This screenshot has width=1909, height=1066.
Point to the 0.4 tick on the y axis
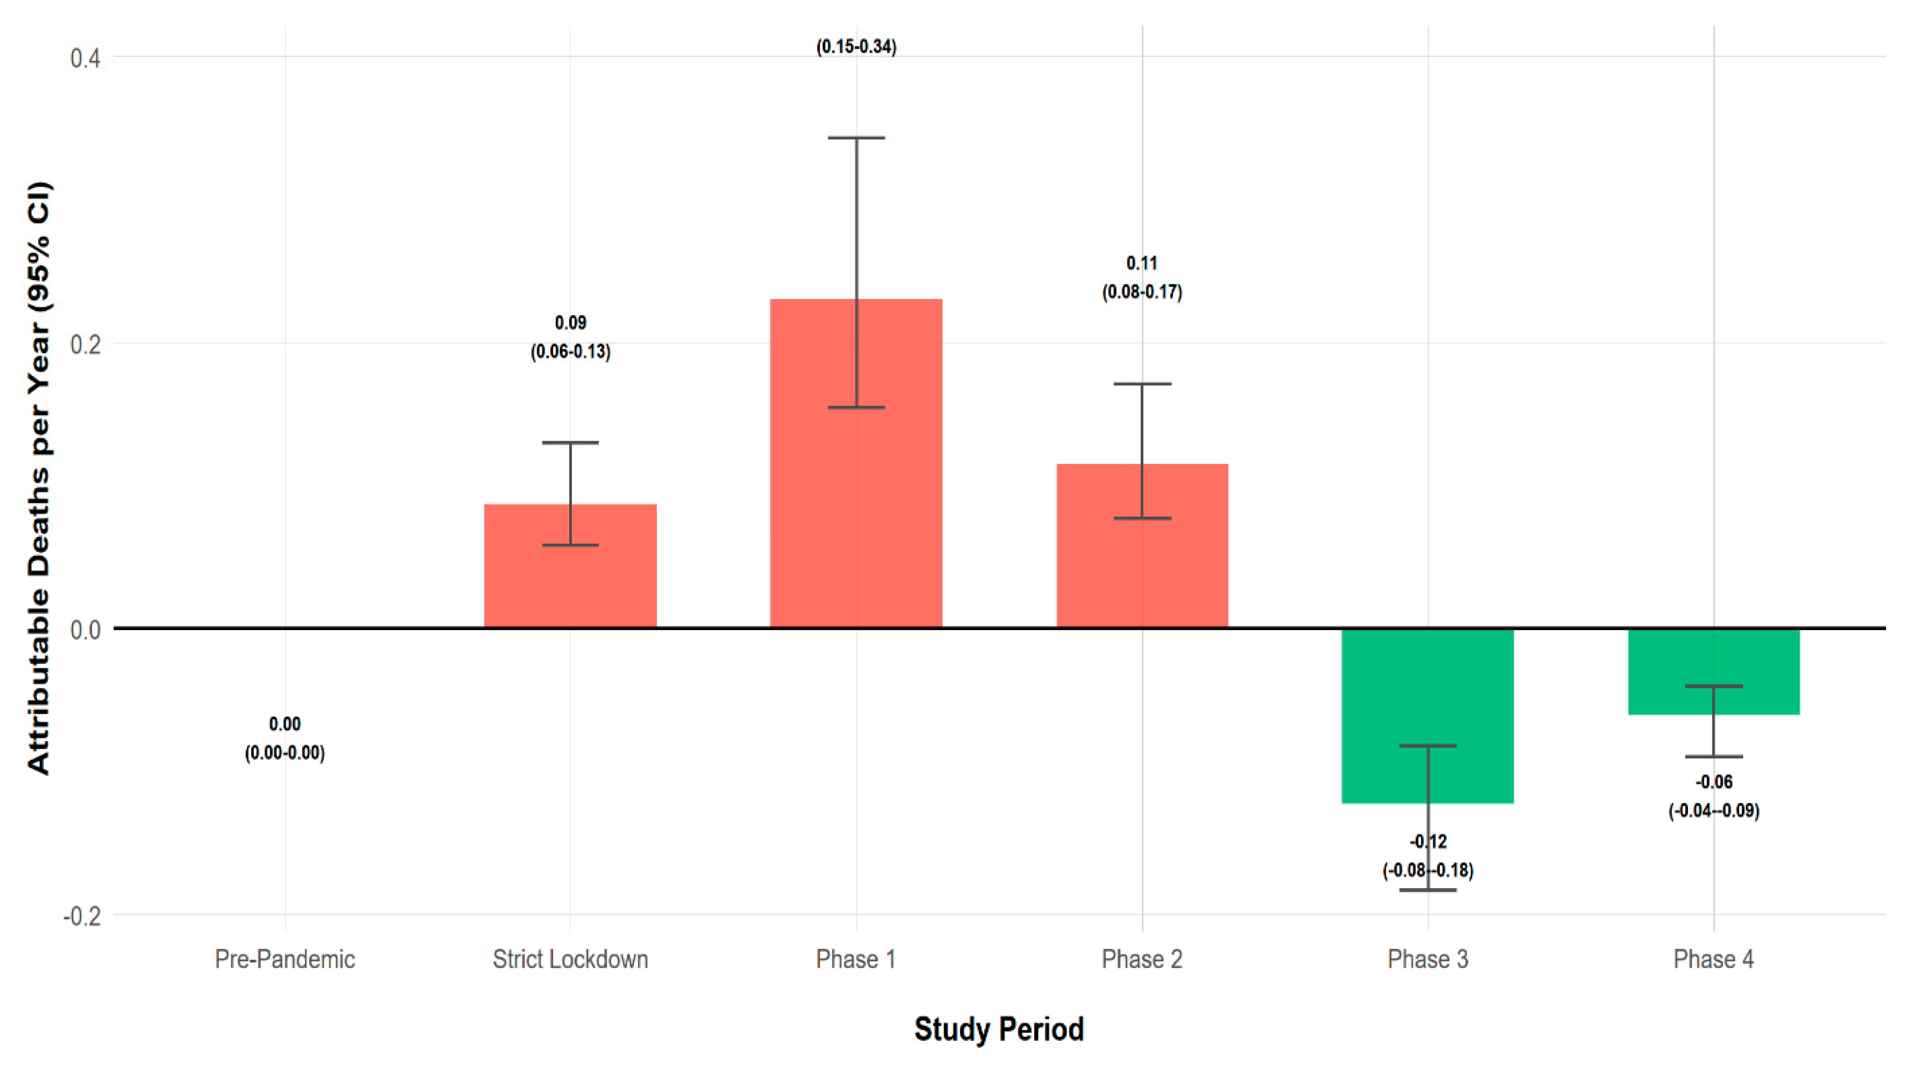[x=84, y=58]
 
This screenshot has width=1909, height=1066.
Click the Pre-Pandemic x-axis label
[x=285, y=959]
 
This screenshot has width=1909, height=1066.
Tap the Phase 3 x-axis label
[x=1427, y=959]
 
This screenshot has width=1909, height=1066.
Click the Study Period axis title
[x=998, y=1029]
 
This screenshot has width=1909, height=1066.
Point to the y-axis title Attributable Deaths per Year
[x=39, y=478]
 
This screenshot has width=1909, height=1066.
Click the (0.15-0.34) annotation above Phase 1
[x=856, y=47]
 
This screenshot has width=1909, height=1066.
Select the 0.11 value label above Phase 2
[x=1142, y=263]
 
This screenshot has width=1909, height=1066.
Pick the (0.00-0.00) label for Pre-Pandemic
[x=285, y=753]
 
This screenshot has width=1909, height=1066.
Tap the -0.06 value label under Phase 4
[x=1714, y=782]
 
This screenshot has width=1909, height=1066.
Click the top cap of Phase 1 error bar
[x=856, y=138]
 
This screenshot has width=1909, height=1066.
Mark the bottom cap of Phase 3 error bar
[x=1427, y=890]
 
